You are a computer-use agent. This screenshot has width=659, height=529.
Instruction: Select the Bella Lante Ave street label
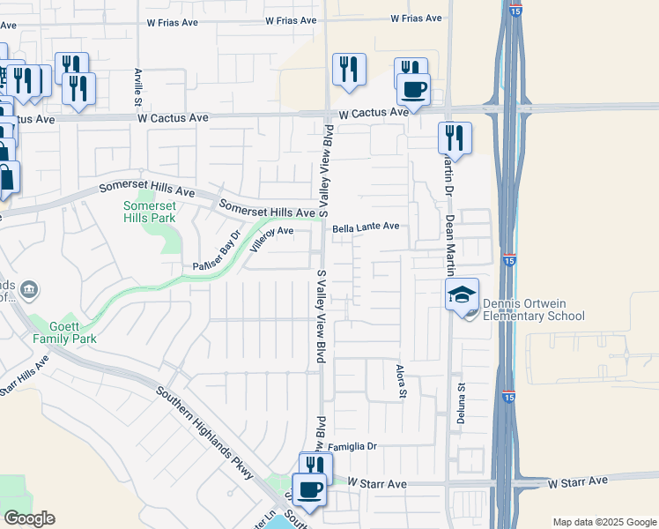(366, 227)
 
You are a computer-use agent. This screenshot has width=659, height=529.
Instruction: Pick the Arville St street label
(137, 84)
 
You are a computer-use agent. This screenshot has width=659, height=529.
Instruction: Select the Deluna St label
(460, 403)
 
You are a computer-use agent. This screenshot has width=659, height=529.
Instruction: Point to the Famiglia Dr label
(352, 447)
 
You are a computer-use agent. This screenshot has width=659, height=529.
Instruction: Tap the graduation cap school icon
(462, 295)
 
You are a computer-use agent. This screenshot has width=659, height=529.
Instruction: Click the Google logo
(29, 518)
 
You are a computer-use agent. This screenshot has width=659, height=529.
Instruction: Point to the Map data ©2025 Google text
(603, 522)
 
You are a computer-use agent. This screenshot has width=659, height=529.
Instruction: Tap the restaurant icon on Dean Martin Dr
(455, 137)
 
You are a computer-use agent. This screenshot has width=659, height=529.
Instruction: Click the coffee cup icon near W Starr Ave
(308, 489)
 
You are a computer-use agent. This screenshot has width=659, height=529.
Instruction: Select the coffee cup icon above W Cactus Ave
(413, 88)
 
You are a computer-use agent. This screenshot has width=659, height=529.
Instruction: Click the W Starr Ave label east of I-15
(578, 481)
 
